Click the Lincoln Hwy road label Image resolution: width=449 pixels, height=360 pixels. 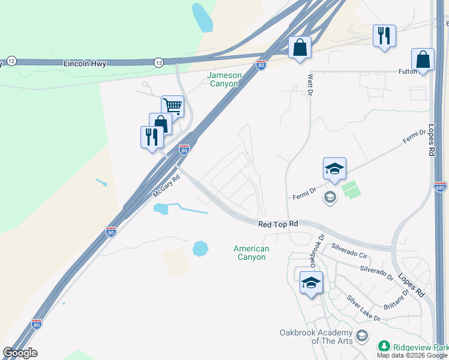[84, 63]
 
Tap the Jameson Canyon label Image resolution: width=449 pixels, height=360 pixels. [223, 79]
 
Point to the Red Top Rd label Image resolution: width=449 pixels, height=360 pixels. [278, 224]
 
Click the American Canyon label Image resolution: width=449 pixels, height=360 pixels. [252, 253]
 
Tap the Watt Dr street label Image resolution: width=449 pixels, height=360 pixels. [310, 84]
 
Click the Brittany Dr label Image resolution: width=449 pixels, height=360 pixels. [397, 295]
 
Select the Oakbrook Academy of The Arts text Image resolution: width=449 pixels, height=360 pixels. [316, 337]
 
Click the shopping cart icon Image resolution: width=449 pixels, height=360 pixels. [173, 106]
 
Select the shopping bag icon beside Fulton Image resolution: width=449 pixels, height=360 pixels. [423, 59]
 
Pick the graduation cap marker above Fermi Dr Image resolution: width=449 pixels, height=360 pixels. [334, 169]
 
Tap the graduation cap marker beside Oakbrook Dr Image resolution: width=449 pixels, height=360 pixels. [311, 283]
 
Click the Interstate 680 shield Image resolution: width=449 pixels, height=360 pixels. [441, 186]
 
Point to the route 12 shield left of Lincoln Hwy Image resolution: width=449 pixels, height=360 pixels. [11, 61]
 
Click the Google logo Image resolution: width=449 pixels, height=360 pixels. [20, 353]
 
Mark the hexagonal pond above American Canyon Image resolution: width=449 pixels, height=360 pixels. [200, 248]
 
